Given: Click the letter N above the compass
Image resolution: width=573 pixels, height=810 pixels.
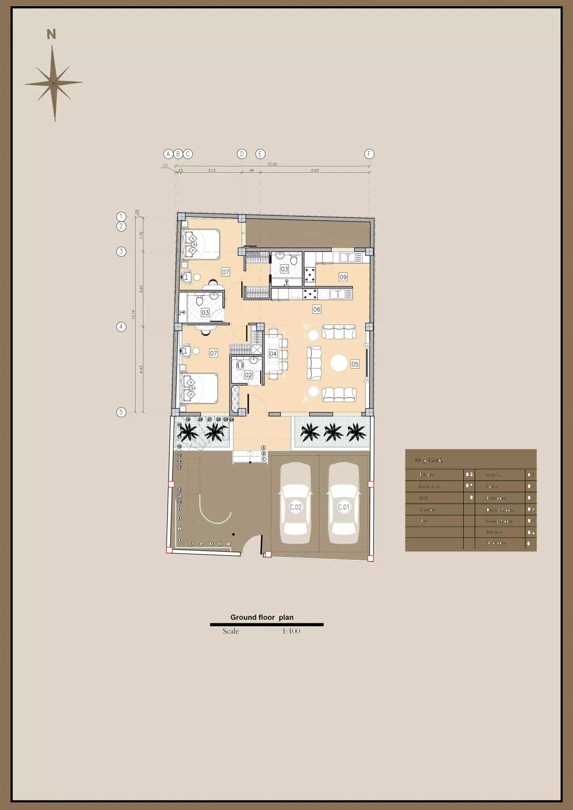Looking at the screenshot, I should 51,34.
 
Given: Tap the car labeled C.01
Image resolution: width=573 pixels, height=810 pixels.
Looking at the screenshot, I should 343,504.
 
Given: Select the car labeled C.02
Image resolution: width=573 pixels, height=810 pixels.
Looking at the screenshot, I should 296,504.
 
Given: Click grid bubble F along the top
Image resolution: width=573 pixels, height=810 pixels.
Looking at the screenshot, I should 369,154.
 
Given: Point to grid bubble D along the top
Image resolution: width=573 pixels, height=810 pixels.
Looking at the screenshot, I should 242,154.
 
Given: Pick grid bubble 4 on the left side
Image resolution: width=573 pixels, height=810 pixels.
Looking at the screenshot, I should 121,326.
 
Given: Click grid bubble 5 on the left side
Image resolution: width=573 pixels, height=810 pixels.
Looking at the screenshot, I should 121,412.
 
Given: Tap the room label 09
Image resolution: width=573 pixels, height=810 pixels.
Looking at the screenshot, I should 343,277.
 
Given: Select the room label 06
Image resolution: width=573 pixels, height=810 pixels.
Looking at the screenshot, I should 317,309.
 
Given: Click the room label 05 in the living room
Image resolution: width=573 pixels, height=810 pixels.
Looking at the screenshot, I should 355,364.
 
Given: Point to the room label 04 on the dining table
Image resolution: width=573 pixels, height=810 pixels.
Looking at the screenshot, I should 273,354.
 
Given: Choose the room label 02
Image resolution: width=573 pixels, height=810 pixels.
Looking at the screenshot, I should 248,375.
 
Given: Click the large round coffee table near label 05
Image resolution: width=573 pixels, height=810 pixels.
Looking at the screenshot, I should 339,363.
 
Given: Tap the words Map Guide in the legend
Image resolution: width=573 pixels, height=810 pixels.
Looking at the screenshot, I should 429,460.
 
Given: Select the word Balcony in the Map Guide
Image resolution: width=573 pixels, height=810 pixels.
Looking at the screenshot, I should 426,474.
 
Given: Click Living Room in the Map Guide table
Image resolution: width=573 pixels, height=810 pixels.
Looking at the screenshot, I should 499,521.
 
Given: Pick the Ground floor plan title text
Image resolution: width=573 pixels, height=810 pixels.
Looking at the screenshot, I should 262,617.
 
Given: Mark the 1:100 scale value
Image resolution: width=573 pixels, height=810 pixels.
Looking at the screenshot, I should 291,631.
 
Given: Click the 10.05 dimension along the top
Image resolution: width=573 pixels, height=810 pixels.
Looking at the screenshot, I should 272,164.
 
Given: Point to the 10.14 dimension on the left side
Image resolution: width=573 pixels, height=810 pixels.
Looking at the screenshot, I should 134,315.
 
